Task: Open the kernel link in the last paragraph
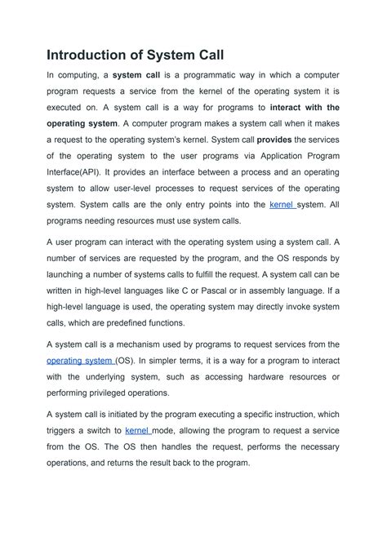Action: click(137, 429)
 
